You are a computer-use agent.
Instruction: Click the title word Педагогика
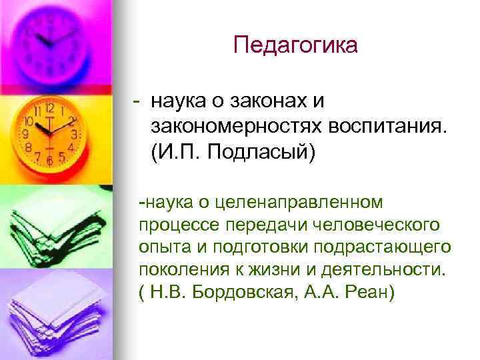tap(295, 45)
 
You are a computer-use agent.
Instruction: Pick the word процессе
tap(170, 223)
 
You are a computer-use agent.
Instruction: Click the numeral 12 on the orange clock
tap(49, 107)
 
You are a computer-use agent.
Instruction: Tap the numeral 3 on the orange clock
tap(75, 134)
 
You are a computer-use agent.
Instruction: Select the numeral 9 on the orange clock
tap(26, 134)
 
